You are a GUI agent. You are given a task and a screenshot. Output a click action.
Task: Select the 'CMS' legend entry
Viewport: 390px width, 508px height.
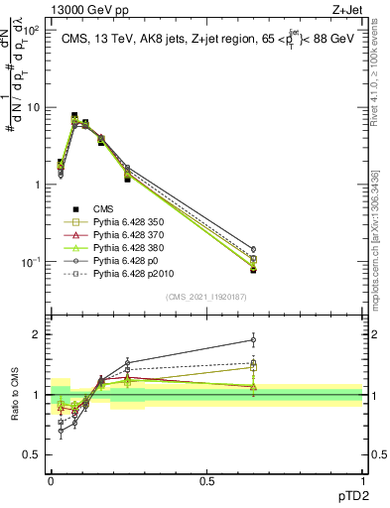point(104,208)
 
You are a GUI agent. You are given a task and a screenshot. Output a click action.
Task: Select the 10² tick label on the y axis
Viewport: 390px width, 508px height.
point(35,31)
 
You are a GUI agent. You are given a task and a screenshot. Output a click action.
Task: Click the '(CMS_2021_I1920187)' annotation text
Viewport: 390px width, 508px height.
point(206,298)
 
